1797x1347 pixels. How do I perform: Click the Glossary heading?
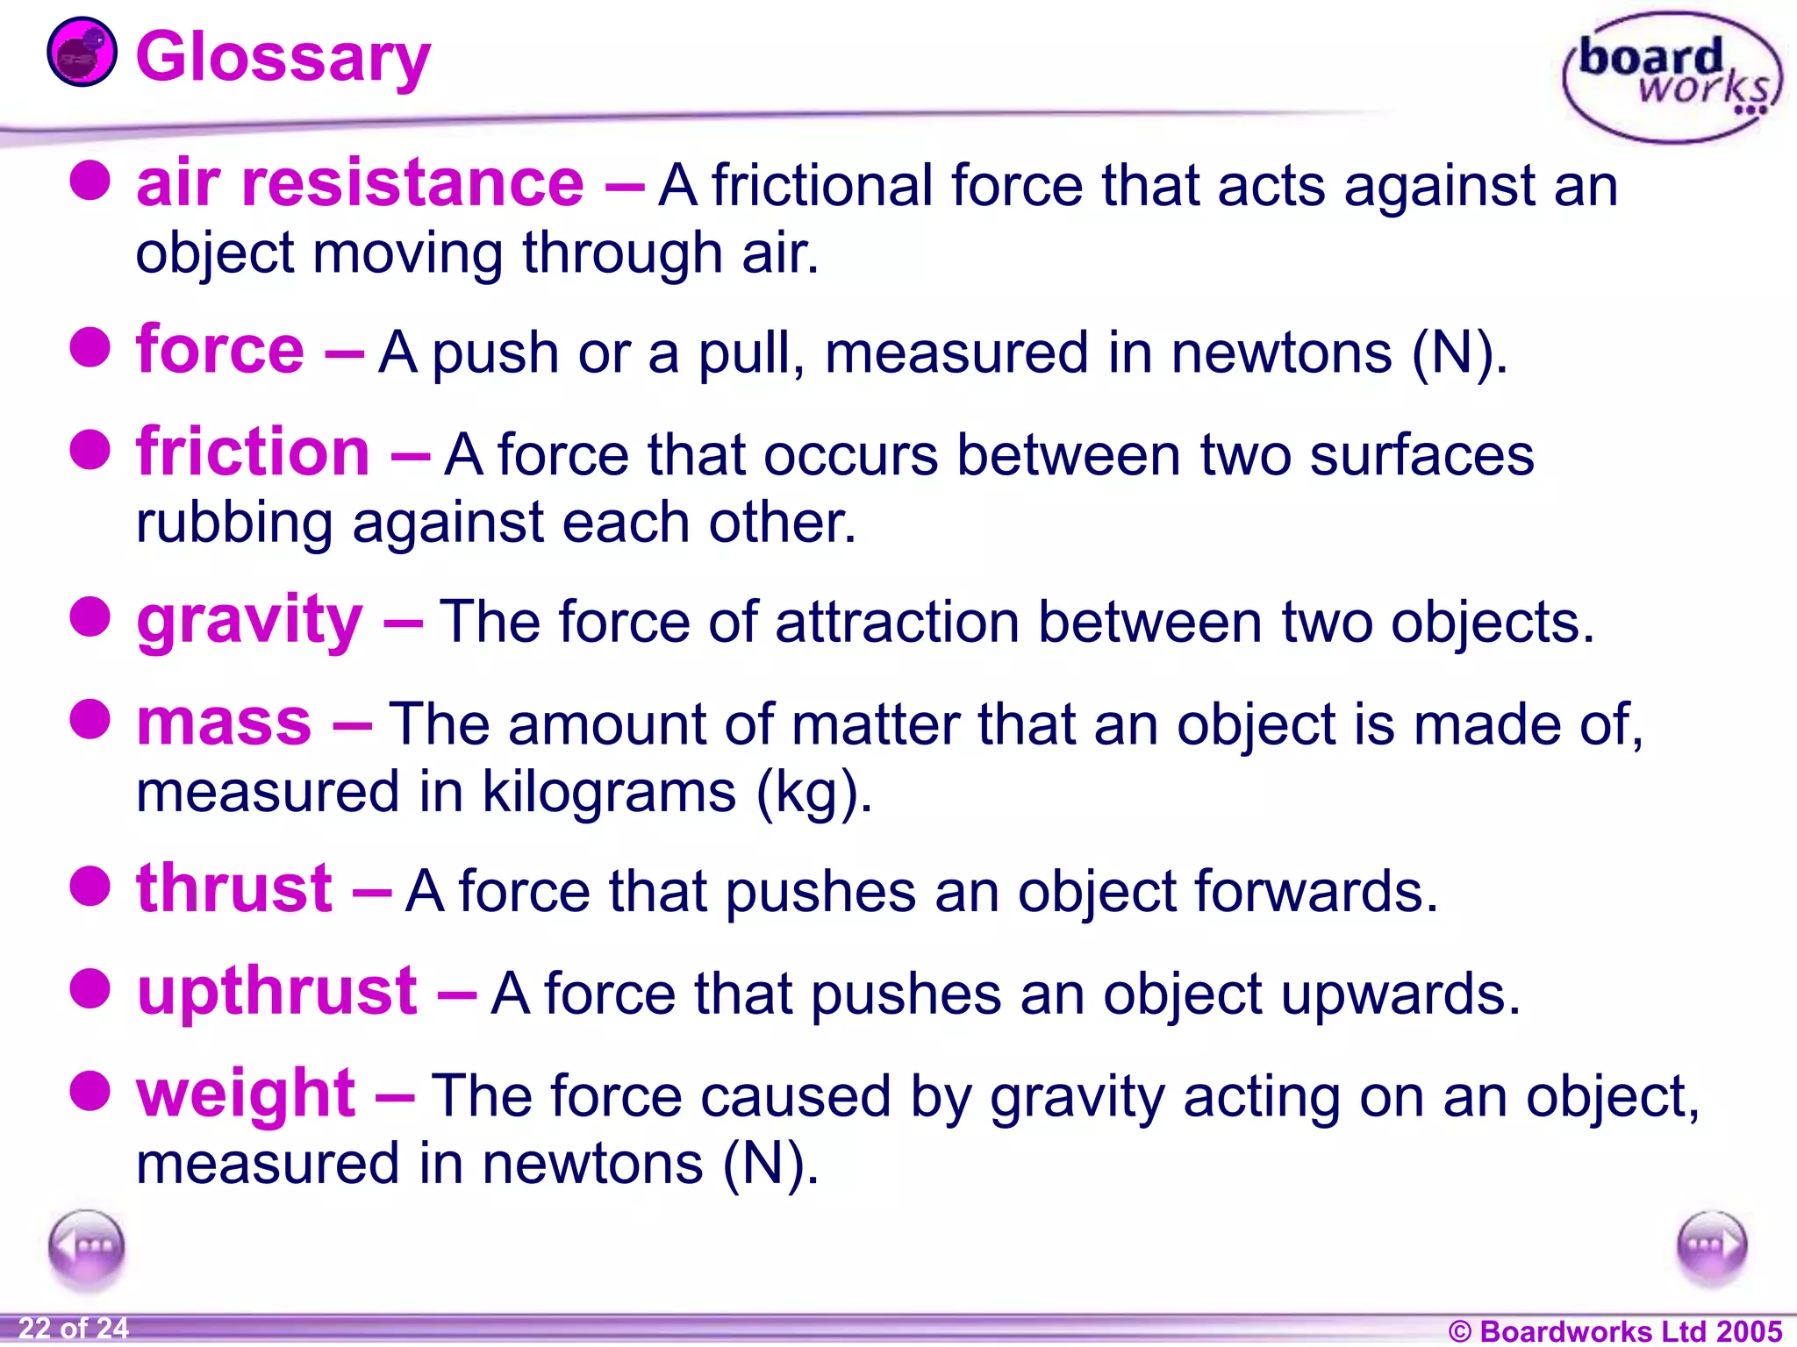[283, 58]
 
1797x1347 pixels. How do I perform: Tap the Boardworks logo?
[1672, 77]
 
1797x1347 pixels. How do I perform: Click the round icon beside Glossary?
[81, 53]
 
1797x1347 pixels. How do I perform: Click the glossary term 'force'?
[220, 350]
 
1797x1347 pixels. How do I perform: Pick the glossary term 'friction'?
[253, 453]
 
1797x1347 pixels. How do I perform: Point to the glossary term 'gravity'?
[249, 621]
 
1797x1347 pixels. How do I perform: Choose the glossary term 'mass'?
[224, 723]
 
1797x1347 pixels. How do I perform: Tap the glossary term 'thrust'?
[234, 889]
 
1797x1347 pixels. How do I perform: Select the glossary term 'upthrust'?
[277, 992]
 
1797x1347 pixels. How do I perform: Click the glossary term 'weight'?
[246, 1094]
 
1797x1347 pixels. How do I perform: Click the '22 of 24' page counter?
[74, 1328]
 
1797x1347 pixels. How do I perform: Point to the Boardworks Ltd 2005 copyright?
[1614, 1330]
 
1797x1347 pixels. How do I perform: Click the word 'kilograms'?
[609, 792]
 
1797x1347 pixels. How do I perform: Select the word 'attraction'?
[897, 623]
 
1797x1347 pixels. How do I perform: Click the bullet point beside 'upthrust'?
[89, 990]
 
